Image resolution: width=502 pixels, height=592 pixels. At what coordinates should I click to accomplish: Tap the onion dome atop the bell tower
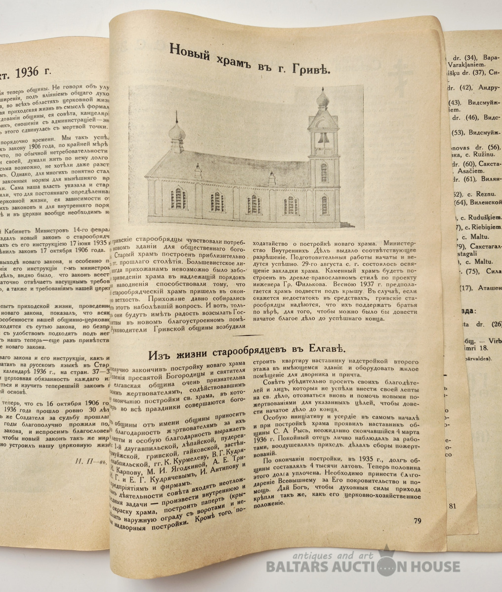324,95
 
